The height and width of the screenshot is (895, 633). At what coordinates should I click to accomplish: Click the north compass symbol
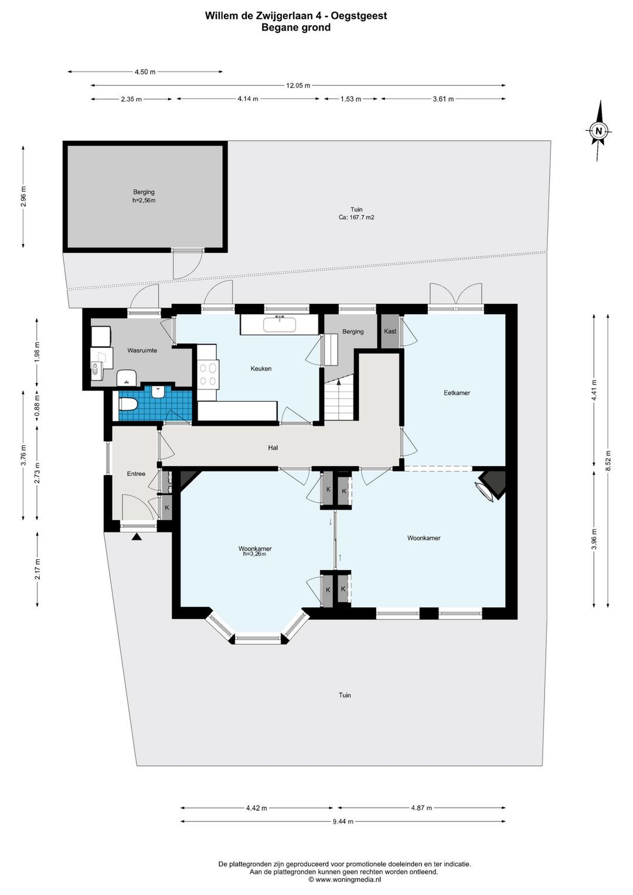[x=598, y=131]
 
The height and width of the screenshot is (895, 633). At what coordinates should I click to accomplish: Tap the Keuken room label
[x=261, y=368]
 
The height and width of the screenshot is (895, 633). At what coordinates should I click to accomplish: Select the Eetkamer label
[x=457, y=393]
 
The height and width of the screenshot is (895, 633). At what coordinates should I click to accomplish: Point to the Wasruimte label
[x=142, y=350]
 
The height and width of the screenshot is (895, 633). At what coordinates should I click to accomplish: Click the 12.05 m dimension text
[x=298, y=85]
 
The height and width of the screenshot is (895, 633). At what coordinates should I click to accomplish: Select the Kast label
[x=390, y=331]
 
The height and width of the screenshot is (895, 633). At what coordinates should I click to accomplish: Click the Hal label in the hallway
[x=273, y=448]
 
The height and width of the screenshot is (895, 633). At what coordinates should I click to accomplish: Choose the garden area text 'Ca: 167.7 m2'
[x=356, y=218]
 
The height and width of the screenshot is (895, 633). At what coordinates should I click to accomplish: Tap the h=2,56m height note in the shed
[x=144, y=201]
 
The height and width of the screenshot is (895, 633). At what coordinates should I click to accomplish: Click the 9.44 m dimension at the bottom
[x=343, y=822]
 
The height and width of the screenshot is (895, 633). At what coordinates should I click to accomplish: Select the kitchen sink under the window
[x=280, y=325]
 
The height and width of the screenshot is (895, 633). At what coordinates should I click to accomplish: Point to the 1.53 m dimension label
[x=350, y=99]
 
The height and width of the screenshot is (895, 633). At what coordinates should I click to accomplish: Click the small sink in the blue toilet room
[x=158, y=392]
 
